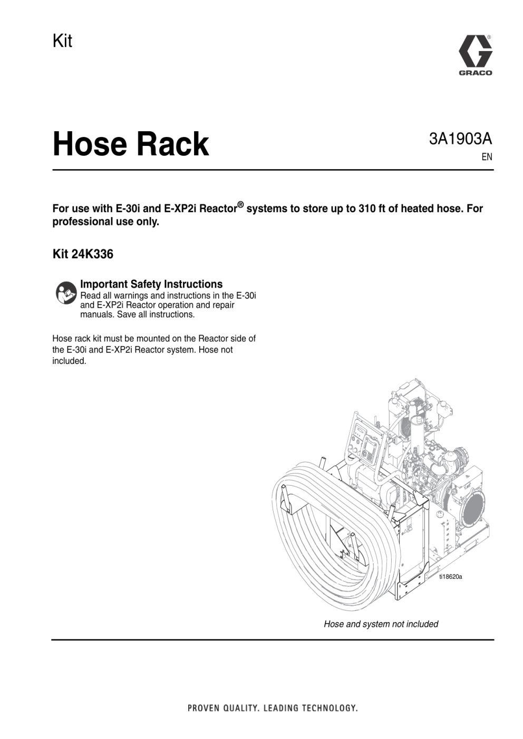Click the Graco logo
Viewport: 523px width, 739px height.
475,55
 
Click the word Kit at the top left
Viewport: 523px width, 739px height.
62,41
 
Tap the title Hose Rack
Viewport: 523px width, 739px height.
131,144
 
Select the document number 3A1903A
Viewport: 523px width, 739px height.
460,139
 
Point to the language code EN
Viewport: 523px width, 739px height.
487,157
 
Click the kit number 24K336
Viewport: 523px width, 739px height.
92,254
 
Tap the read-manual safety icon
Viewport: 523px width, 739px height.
66,293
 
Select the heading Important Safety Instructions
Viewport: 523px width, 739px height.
151,284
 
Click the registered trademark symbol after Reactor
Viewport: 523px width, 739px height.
241,205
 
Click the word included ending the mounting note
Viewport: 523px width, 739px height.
69,361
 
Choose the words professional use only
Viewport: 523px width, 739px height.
105,222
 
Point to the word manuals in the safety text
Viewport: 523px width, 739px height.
97,314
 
